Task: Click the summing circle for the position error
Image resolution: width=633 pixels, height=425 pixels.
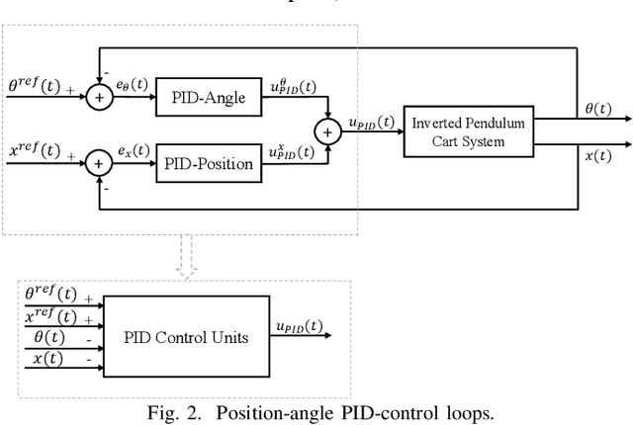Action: (x=100, y=163)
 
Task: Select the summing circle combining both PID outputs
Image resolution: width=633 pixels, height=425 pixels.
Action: (x=326, y=128)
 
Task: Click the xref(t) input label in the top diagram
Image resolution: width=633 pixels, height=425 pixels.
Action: (x=35, y=151)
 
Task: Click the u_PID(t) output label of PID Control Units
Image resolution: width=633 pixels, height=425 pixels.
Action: (x=296, y=327)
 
